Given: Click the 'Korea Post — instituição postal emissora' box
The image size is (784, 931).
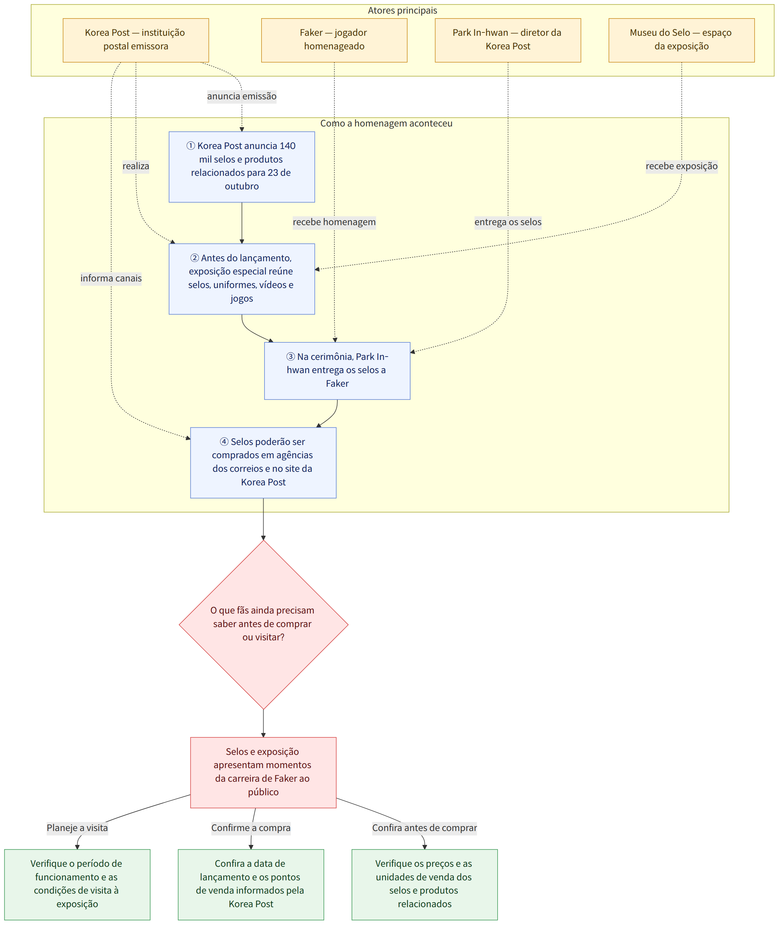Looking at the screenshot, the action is click(x=135, y=40).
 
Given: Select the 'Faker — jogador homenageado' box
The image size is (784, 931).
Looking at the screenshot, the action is click(x=334, y=40).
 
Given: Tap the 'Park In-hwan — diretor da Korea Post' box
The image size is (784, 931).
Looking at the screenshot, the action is click(x=508, y=40).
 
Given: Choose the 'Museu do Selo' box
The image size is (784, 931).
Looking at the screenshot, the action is click(x=681, y=40).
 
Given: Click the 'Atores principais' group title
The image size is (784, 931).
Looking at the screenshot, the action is click(x=402, y=10).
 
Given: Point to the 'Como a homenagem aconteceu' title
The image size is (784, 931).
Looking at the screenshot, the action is click(x=386, y=123).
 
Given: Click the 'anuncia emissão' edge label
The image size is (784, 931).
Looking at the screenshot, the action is click(x=242, y=96).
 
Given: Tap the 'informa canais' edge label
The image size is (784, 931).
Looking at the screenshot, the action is click(x=111, y=278).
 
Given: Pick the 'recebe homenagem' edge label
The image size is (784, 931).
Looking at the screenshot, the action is click(x=334, y=222).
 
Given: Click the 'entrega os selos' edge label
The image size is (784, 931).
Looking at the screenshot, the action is click(x=508, y=222).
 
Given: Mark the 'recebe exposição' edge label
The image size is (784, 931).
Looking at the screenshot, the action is click(x=681, y=166).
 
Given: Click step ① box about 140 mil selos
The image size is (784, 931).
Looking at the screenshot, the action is click(x=242, y=167).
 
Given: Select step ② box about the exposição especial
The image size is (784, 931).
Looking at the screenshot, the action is click(x=242, y=279).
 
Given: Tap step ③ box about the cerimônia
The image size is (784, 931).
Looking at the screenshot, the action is click(x=337, y=370).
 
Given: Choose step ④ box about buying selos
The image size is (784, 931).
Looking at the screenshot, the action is click(x=263, y=463).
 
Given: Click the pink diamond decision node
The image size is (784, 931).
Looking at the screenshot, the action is click(x=264, y=624).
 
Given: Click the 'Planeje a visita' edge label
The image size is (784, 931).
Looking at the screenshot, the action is click(x=77, y=827).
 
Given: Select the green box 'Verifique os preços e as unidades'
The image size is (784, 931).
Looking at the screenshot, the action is click(x=424, y=884).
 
